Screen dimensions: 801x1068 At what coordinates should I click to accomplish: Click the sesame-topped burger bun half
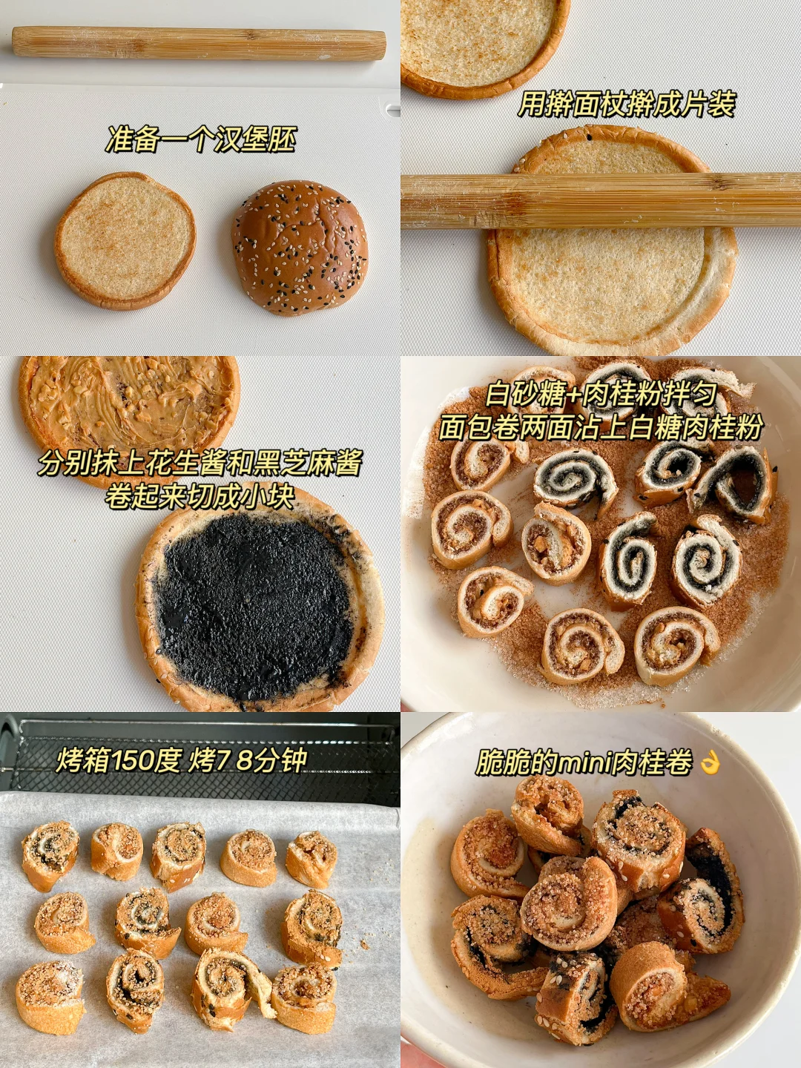(x=300, y=247)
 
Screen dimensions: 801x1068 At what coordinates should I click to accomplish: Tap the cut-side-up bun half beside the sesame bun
(x=125, y=241)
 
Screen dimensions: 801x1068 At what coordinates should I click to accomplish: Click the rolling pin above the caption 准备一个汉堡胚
(x=199, y=44)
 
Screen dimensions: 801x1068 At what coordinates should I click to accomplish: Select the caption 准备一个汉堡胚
(x=200, y=139)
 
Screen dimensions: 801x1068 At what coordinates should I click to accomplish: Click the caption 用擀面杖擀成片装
(x=626, y=104)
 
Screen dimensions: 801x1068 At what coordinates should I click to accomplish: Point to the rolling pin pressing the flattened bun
(x=601, y=200)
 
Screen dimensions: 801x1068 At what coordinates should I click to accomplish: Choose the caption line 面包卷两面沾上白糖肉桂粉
(x=600, y=428)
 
